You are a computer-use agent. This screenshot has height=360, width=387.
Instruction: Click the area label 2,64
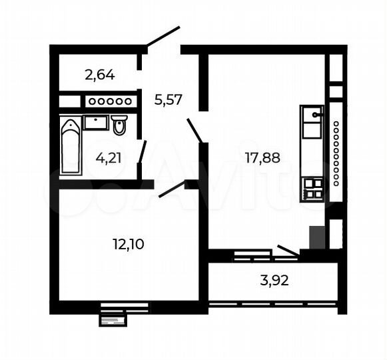pyautogui.click(x=100, y=74)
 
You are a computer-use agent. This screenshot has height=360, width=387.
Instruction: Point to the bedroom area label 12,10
pyautogui.click(x=129, y=243)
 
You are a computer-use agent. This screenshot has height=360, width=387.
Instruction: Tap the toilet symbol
pyautogui.click(x=120, y=125)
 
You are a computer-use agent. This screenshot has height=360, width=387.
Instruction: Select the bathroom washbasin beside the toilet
pyautogui.click(x=97, y=122)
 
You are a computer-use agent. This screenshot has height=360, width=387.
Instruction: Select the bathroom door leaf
pyautogui.click(x=142, y=151)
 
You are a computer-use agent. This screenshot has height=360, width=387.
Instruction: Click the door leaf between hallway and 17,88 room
pyautogui.click(x=194, y=129)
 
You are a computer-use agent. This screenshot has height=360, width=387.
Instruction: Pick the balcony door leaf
pyautogui.click(x=288, y=250)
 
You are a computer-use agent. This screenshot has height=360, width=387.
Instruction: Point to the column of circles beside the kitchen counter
pyautogui.click(x=336, y=153)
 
